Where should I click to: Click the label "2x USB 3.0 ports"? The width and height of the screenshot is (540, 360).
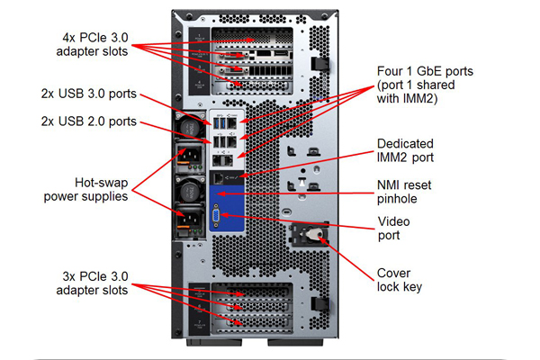coord(89,94)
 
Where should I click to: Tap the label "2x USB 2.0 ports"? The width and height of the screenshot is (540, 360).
coord(89,121)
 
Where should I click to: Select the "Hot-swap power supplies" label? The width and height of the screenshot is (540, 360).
coord(85,190)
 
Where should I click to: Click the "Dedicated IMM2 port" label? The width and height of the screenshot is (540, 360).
coord(405,150)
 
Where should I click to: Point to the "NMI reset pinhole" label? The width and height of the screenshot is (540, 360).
coord(404,192)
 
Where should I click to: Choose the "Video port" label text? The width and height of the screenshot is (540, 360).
coord(393,229)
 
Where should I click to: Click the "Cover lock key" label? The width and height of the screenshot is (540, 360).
coord(400,280)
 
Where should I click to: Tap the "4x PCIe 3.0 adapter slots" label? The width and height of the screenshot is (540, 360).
coord(93,44)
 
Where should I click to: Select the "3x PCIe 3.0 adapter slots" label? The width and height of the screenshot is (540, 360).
coord(93,283)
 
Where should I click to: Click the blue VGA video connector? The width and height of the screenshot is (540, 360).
coord(216,216)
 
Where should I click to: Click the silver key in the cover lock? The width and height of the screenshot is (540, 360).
coord(312,234)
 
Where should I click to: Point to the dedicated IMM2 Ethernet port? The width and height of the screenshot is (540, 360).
coord(218,178)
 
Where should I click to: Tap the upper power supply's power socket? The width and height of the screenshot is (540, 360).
coord(188,156)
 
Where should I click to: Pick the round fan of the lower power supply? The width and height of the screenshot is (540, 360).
coord(189,192)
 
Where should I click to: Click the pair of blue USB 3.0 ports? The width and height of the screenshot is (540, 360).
coord(220,122)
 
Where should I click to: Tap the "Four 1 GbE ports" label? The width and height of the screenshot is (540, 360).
coord(425,85)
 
